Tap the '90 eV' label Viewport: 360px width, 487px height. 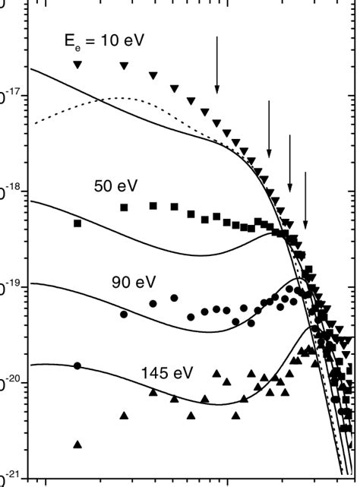pyautogui.click(x=134, y=282)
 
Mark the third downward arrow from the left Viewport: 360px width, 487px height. pyautogui.click(x=289, y=163)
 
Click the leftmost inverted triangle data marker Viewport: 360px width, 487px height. pyautogui.click(x=77, y=65)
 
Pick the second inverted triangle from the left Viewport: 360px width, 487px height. pyautogui.click(x=125, y=66)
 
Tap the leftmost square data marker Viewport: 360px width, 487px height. pyautogui.click(x=77, y=223)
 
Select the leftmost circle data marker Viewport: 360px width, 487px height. pyautogui.click(x=77, y=365)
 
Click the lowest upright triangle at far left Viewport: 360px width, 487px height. pyautogui.click(x=77, y=444)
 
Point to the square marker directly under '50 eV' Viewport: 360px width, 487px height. pyautogui.click(x=125, y=207)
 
